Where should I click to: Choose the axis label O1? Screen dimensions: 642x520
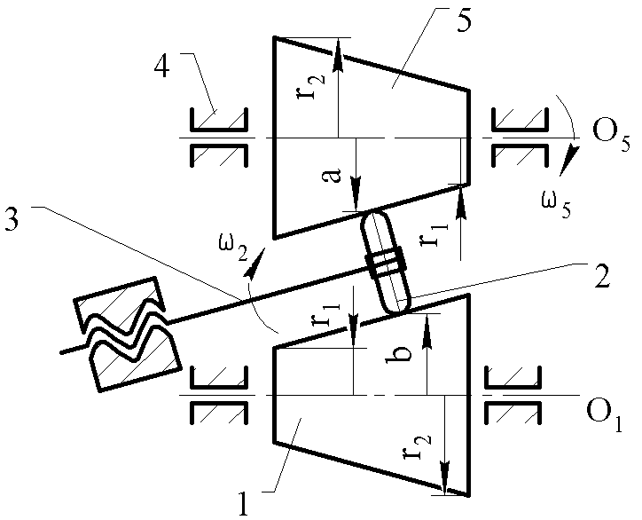point(604,416)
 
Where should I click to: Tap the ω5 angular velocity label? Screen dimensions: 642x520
point(556,204)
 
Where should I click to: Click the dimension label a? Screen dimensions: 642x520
point(334,176)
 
